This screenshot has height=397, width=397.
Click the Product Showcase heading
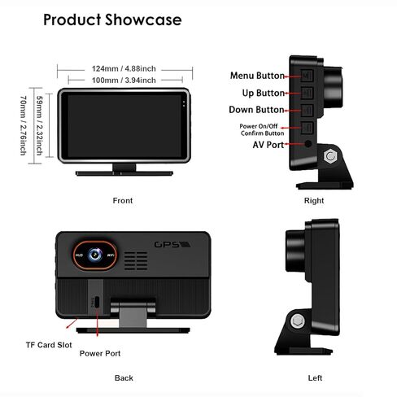[112, 20]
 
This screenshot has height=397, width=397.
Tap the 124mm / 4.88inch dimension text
[124, 68]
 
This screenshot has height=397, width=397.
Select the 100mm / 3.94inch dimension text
[124, 81]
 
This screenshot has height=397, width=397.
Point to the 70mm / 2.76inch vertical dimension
[24, 125]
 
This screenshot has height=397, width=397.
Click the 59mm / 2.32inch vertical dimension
[40, 125]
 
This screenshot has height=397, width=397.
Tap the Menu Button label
[257, 76]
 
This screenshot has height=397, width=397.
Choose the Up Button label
[264, 93]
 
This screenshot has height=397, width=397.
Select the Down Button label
[256, 110]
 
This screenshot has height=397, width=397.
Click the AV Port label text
[268, 145]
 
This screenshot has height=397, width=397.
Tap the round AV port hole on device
[308, 143]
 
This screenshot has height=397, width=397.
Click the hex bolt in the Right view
[330, 156]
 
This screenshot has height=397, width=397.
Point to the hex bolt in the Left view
[298, 321]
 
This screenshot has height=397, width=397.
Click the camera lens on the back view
[95, 255]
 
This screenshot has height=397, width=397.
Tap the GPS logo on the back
[172, 245]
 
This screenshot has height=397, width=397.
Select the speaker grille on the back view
[136, 260]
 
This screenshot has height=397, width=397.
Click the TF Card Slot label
[49, 345]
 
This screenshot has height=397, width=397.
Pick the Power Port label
[100, 353]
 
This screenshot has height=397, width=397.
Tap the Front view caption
[123, 201]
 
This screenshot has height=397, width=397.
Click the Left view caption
[315, 378]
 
